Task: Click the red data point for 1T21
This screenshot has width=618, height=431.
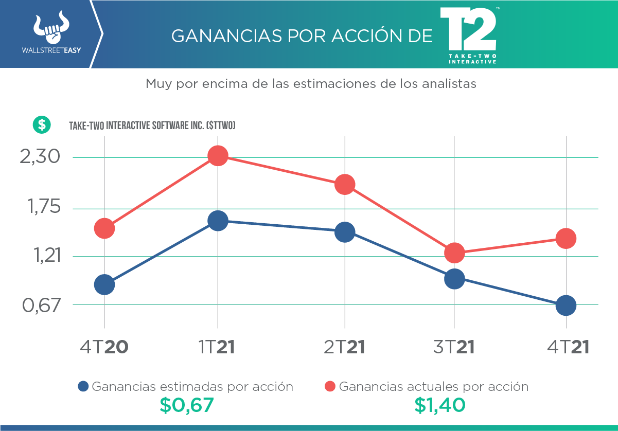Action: click(218, 155)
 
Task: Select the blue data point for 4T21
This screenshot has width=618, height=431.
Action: click(566, 306)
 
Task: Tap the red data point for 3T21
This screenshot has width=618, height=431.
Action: click(454, 253)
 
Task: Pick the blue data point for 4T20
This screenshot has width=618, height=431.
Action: click(104, 284)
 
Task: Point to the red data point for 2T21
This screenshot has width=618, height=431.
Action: click(344, 185)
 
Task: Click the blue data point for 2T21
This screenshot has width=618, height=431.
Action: click(344, 232)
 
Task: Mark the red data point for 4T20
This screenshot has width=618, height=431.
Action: click(104, 228)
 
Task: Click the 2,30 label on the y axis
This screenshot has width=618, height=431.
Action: click(39, 157)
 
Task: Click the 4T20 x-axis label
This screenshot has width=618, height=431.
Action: click(104, 347)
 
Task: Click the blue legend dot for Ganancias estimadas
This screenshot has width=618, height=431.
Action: click(83, 386)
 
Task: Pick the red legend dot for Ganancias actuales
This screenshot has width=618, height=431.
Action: click(330, 386)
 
